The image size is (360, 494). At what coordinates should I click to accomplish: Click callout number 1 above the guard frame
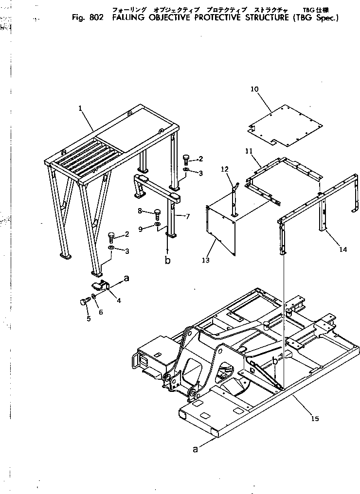point(80,109)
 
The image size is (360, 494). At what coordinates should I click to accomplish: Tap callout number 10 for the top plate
point(254,89)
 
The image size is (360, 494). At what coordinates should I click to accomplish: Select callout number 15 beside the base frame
point(315,418)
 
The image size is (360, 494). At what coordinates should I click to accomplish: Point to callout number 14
point(343,249)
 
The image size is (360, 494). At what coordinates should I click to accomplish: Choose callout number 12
point(224,169)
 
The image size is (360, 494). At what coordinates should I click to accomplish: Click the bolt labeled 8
point(157,213)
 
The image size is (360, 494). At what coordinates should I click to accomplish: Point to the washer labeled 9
point(157,224)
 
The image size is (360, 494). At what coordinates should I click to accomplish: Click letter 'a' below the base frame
point(196,450)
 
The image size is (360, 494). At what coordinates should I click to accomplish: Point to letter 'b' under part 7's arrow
point(168,260)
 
